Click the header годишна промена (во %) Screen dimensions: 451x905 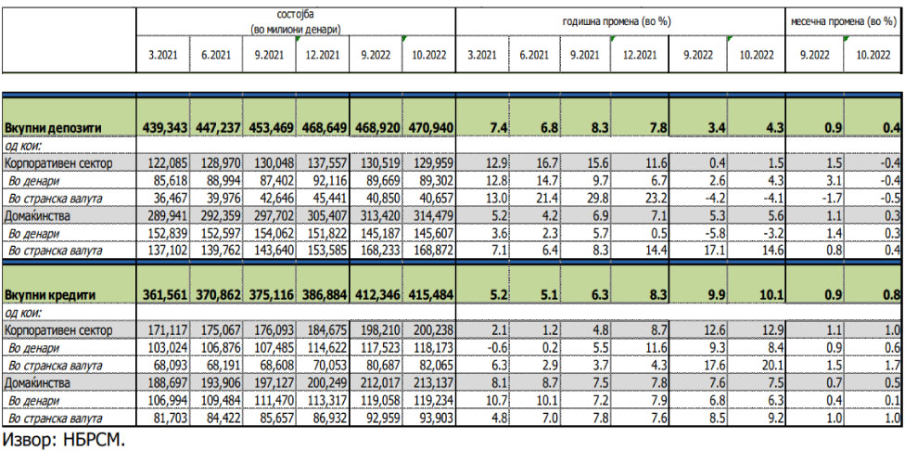click(x=618, y=20)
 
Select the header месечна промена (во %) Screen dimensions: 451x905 click(x=841, y=20)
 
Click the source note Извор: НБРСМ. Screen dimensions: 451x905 click(x=64, y=439)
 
